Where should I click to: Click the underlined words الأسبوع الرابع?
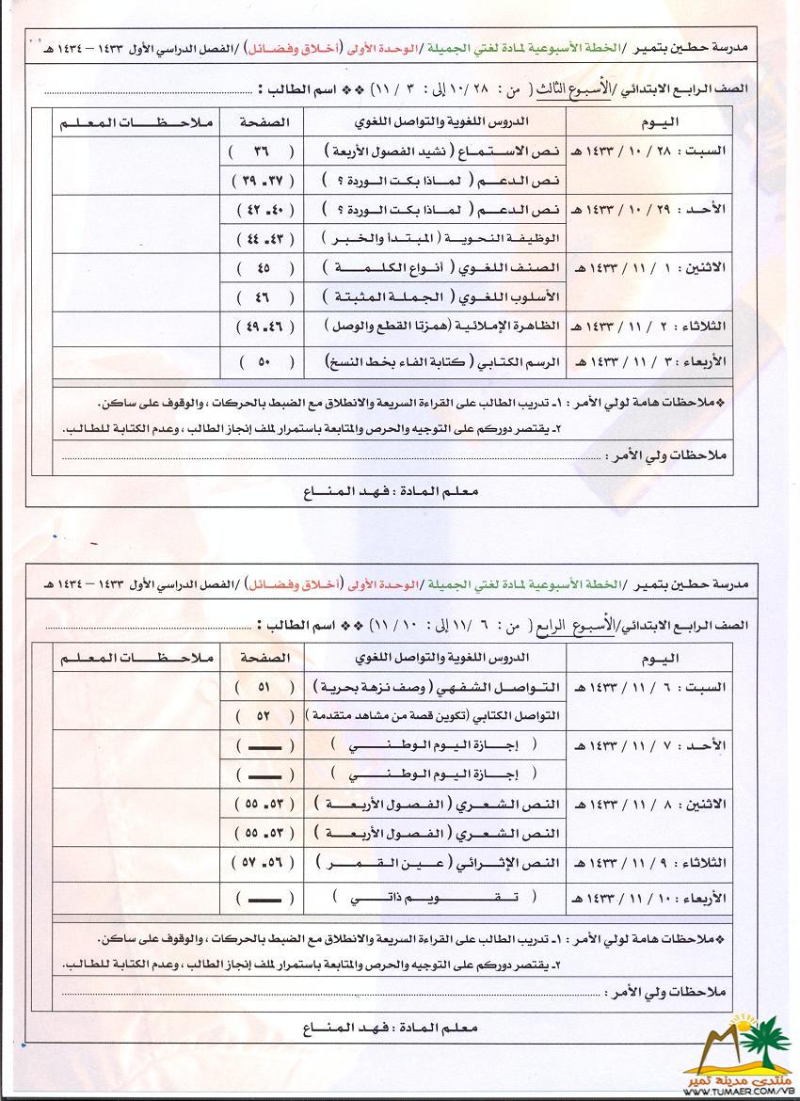click(580, 624)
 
